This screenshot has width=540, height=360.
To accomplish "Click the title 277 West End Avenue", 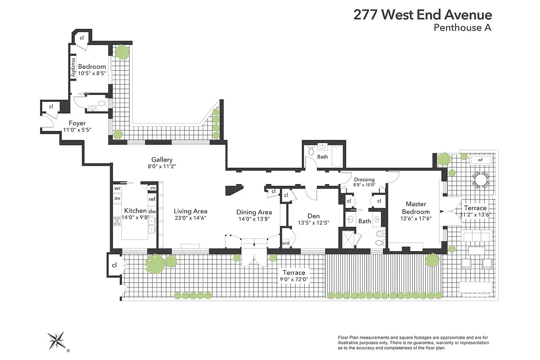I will [423, 15].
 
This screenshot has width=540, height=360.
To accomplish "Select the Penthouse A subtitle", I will [463, 28].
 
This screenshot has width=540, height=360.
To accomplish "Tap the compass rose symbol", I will [57, 341].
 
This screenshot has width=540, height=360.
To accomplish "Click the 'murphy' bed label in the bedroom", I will [73, 67].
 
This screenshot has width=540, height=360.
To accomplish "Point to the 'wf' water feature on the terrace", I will [480, 160].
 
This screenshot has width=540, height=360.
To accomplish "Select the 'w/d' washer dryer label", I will [285, 243].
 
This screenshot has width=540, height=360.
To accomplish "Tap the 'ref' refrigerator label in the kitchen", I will [152, 199].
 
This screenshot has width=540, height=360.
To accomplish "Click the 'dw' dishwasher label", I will [152, 211].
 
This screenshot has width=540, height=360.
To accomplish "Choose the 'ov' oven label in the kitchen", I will [117, 198].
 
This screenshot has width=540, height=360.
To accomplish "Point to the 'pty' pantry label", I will [153, 188].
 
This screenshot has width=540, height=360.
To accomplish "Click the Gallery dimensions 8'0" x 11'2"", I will [162, 166].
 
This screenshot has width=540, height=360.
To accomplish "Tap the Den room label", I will [313, 216].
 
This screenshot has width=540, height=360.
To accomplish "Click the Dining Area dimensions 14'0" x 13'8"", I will [254, 219].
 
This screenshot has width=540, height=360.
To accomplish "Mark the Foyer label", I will [77, 123].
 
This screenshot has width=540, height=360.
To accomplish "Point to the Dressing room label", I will [364, 180].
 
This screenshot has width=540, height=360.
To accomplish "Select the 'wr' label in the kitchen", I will [117, 188].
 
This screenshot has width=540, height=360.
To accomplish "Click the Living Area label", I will [190, 211].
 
